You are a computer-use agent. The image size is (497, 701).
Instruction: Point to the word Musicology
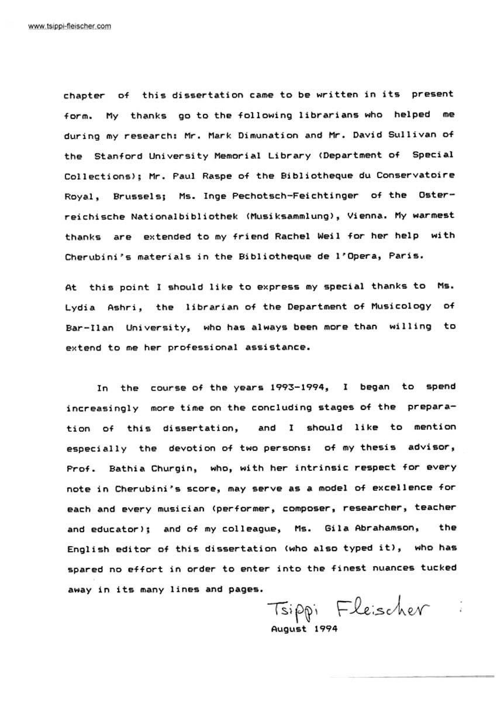click(398, 306)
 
